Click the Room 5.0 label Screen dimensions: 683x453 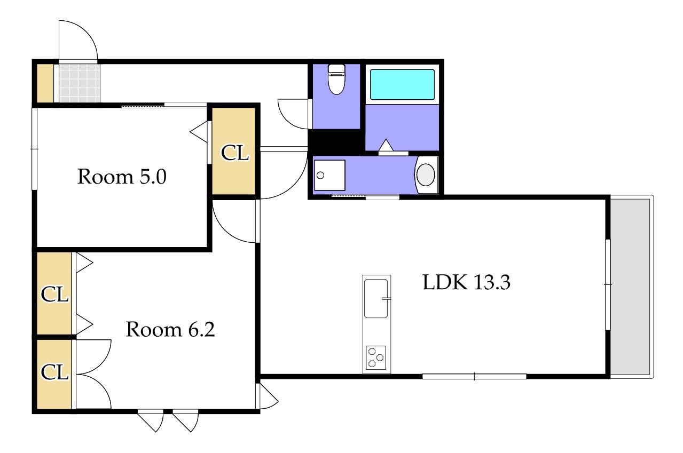click(122, 177)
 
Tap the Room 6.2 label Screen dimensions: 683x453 click(170, 329)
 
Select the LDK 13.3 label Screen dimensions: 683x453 click(466, 282)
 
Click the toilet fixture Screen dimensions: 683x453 click(336, 79)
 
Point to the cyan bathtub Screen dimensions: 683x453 click(402, 84)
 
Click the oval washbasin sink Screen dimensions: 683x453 click(426, 174)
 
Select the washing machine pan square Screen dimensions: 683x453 click(329, 175)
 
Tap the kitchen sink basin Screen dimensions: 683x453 click(376, 298)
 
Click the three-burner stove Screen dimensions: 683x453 click(375, 357)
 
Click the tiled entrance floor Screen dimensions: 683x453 click(79, 83)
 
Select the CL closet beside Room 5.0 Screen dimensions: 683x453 click(233, 151)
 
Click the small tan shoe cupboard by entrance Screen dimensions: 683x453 click(45, 83)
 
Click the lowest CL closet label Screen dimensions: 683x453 click(54, 372)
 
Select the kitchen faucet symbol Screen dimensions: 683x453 click(386, 299)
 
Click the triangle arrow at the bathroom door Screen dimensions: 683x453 click(386, 145)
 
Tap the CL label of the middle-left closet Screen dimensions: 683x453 click(54, 294)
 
